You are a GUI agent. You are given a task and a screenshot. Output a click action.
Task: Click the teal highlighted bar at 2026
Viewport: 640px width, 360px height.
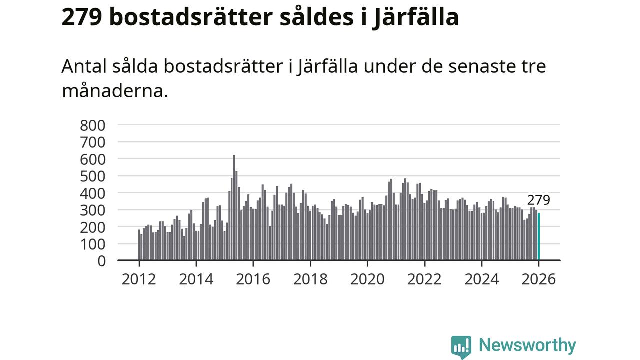(x=538, y=236)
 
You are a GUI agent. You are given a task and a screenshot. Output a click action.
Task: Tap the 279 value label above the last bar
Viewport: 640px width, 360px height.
(x=538, y=200)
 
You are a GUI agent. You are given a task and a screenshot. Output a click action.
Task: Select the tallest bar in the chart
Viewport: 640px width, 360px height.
(x=234, y=207)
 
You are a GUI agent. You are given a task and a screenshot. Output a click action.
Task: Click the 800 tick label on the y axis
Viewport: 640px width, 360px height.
(x=93, y=125)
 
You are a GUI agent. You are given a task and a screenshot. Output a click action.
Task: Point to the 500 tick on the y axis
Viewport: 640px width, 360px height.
(x=93, y=176)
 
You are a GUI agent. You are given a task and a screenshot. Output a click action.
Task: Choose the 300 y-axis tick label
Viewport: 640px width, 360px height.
(x=93, y=210)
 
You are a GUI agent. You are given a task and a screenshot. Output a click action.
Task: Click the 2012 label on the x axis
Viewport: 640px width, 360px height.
(x=139, y=279)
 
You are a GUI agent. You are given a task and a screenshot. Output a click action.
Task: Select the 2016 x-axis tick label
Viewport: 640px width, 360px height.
(x=253, y=279)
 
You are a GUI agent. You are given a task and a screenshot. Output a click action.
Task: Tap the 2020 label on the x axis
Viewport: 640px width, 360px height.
(x=367, y=279)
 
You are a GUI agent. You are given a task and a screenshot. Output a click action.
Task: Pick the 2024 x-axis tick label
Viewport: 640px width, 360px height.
(x=482, y=279)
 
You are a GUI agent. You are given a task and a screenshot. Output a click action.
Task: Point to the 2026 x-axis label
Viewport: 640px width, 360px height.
(x=538, y=279)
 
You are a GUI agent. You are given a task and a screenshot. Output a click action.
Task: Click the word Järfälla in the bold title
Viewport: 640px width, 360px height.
(x=415, y=17)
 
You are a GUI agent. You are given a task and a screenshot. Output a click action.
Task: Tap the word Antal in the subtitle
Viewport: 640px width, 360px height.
(x=81, y=66)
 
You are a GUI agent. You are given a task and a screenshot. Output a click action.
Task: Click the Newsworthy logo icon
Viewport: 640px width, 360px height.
(x=461, y=346)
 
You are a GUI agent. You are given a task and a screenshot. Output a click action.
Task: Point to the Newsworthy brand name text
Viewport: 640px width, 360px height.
(x=527, y=345)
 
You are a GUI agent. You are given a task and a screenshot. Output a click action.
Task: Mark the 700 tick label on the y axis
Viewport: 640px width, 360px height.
(x=93, y=142)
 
